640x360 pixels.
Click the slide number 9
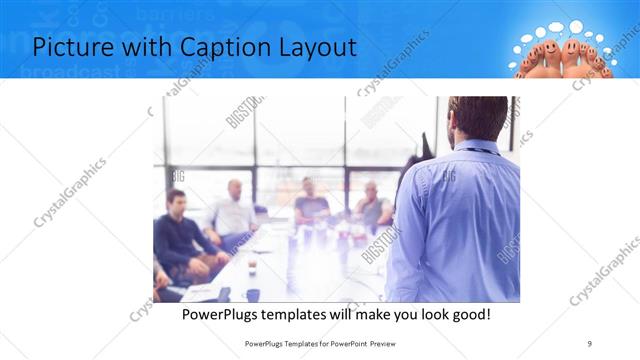click(x=590, y=343)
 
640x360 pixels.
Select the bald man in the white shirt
click(x=234, y=209)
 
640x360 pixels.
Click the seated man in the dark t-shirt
click(x=310, y=203)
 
